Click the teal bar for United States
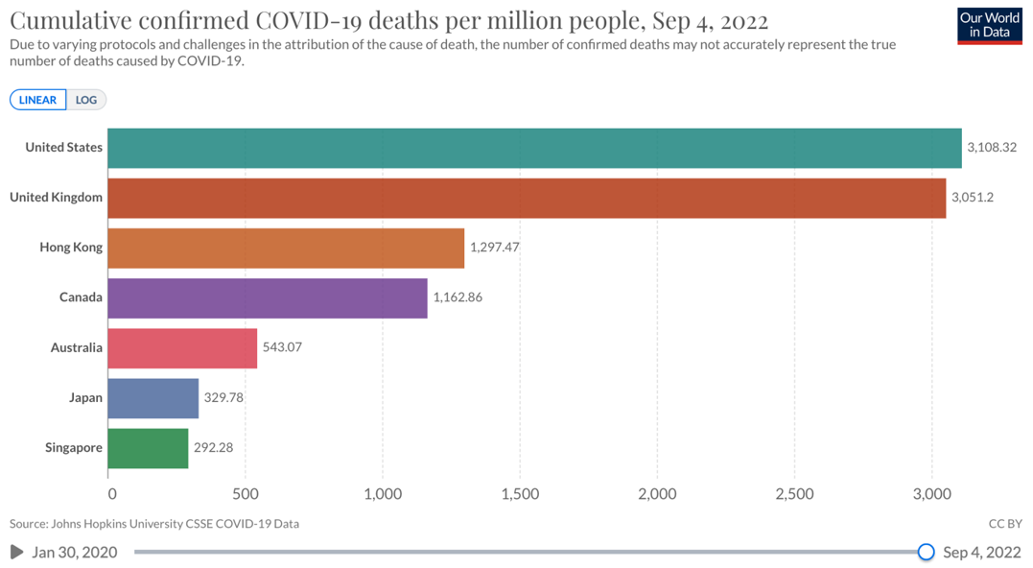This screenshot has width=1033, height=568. pyautogui.click(x=534, y=148)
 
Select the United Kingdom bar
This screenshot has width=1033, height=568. pyautogui.click(x=527, y=198)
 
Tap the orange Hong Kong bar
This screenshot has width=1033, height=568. pyautogui.click(x=286, y=248)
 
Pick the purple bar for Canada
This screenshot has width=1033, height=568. pyautogui.click(x=268, y=297)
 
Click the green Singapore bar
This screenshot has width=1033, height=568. pyautogui.click(x=148, y=448)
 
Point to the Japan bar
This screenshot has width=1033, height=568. pyautogui.click(x=153, y=398)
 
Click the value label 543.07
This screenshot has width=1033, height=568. pyautogui.click(x=282, y=347)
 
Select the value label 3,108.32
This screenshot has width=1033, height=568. pyautogui.click(x=992, y=148)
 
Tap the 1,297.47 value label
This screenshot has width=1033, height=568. pyautogui.click(x=494, y=248)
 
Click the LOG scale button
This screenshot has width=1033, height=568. pyautogui.click(x=86, y=100)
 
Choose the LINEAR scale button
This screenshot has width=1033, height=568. pyautogui.click(x=38, y=100)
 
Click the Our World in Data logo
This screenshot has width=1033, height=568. pyautogui.click(x=990, y=26)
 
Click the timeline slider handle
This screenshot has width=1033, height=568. pyautogui.click(x=926, y=552)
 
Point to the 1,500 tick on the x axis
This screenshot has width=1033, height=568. pyautogui.click(x=520, y=494)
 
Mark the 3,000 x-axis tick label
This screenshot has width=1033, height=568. pyautogui.click(x=930, y=494)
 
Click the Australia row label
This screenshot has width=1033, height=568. pyautogui.click(x=77, y=347)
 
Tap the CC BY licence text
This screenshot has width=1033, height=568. pyautogui.click(x=1005, y=524)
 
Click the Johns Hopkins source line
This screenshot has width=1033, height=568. pyautogui.click(x=154, y=524)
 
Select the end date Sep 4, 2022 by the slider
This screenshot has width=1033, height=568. pyautogui.click(x=982, y=552)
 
